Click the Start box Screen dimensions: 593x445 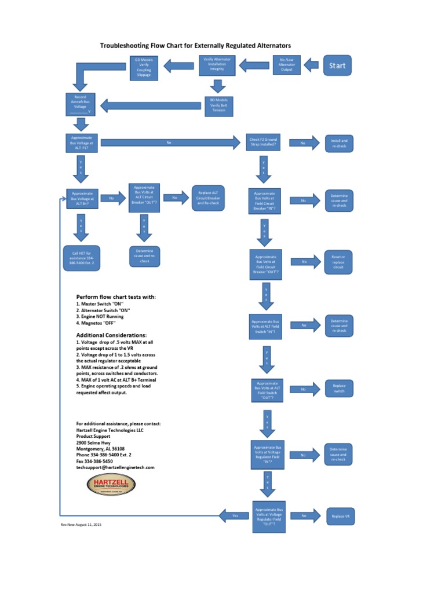(337, 65)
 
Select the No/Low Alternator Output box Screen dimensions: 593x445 (286, 65)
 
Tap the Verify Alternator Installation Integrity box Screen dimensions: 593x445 (217, 65)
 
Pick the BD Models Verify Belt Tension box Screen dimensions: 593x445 (218, 105)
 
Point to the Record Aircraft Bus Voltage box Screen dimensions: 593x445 (81, 105)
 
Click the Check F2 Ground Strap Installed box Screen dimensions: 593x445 (264, 142)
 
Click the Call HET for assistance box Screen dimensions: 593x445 (82, 257)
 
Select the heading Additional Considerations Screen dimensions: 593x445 (112, 335)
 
